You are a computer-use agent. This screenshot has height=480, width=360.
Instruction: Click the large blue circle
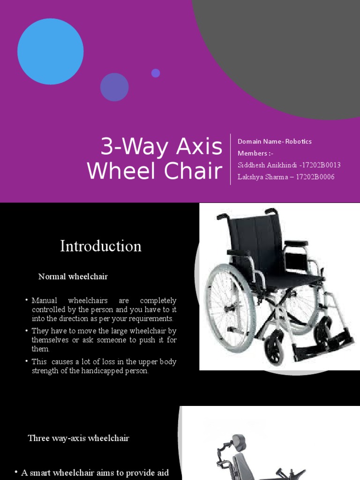coord(51,52)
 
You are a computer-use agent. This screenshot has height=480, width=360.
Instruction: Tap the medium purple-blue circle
coord(114,87)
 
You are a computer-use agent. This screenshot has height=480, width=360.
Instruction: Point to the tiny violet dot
coord(156,73)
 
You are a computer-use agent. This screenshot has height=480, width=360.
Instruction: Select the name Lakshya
coord(251,177)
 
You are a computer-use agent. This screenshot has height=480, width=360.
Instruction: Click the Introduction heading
coord(101,246)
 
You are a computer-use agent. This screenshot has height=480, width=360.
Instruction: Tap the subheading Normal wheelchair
coord(73,277)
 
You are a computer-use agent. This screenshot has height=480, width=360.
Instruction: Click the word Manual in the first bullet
coord(44,300)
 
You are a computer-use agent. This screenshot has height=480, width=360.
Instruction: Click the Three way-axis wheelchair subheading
coord(78,438)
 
